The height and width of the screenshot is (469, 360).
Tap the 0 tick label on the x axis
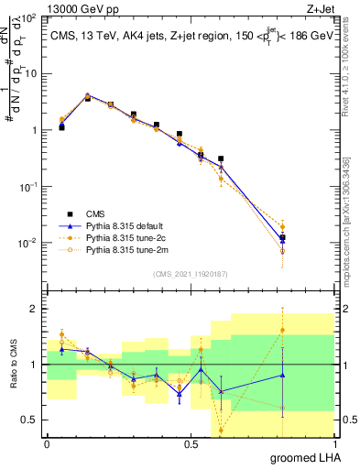[x=47, y=444]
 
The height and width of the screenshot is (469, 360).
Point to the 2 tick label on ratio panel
[x=36, y=309]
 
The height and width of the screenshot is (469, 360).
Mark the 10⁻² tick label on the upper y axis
[x=29, y=243]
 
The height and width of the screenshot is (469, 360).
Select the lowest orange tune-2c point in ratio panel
[x=221, y=430]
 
